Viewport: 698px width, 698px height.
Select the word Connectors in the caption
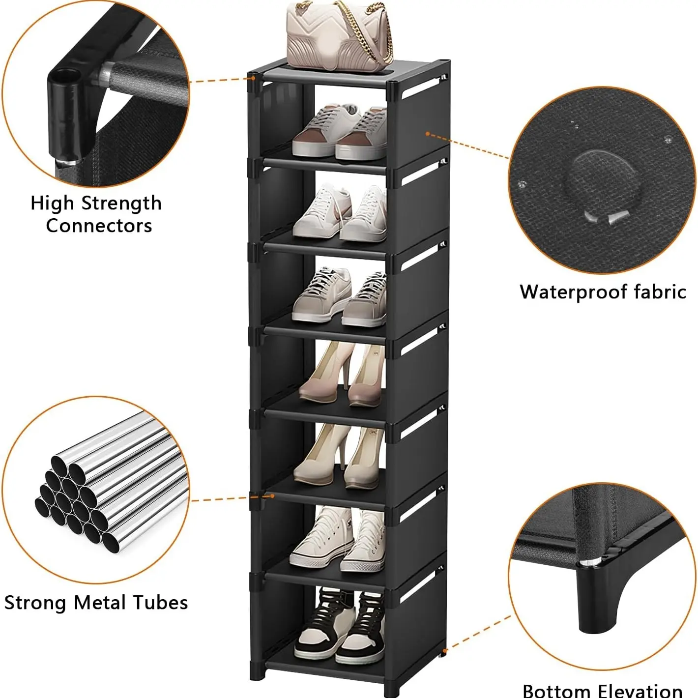coord(99,226)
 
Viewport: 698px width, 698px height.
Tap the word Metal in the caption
coord(103,603)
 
